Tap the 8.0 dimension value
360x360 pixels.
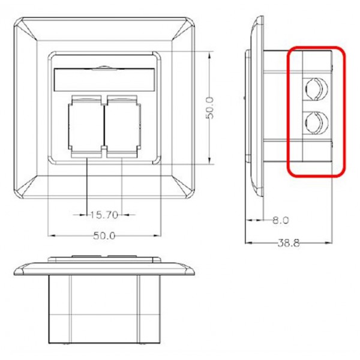click(280, 220)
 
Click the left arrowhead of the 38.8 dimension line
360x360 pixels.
click(248, 242)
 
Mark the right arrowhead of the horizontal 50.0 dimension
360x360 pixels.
click(160, 235)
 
